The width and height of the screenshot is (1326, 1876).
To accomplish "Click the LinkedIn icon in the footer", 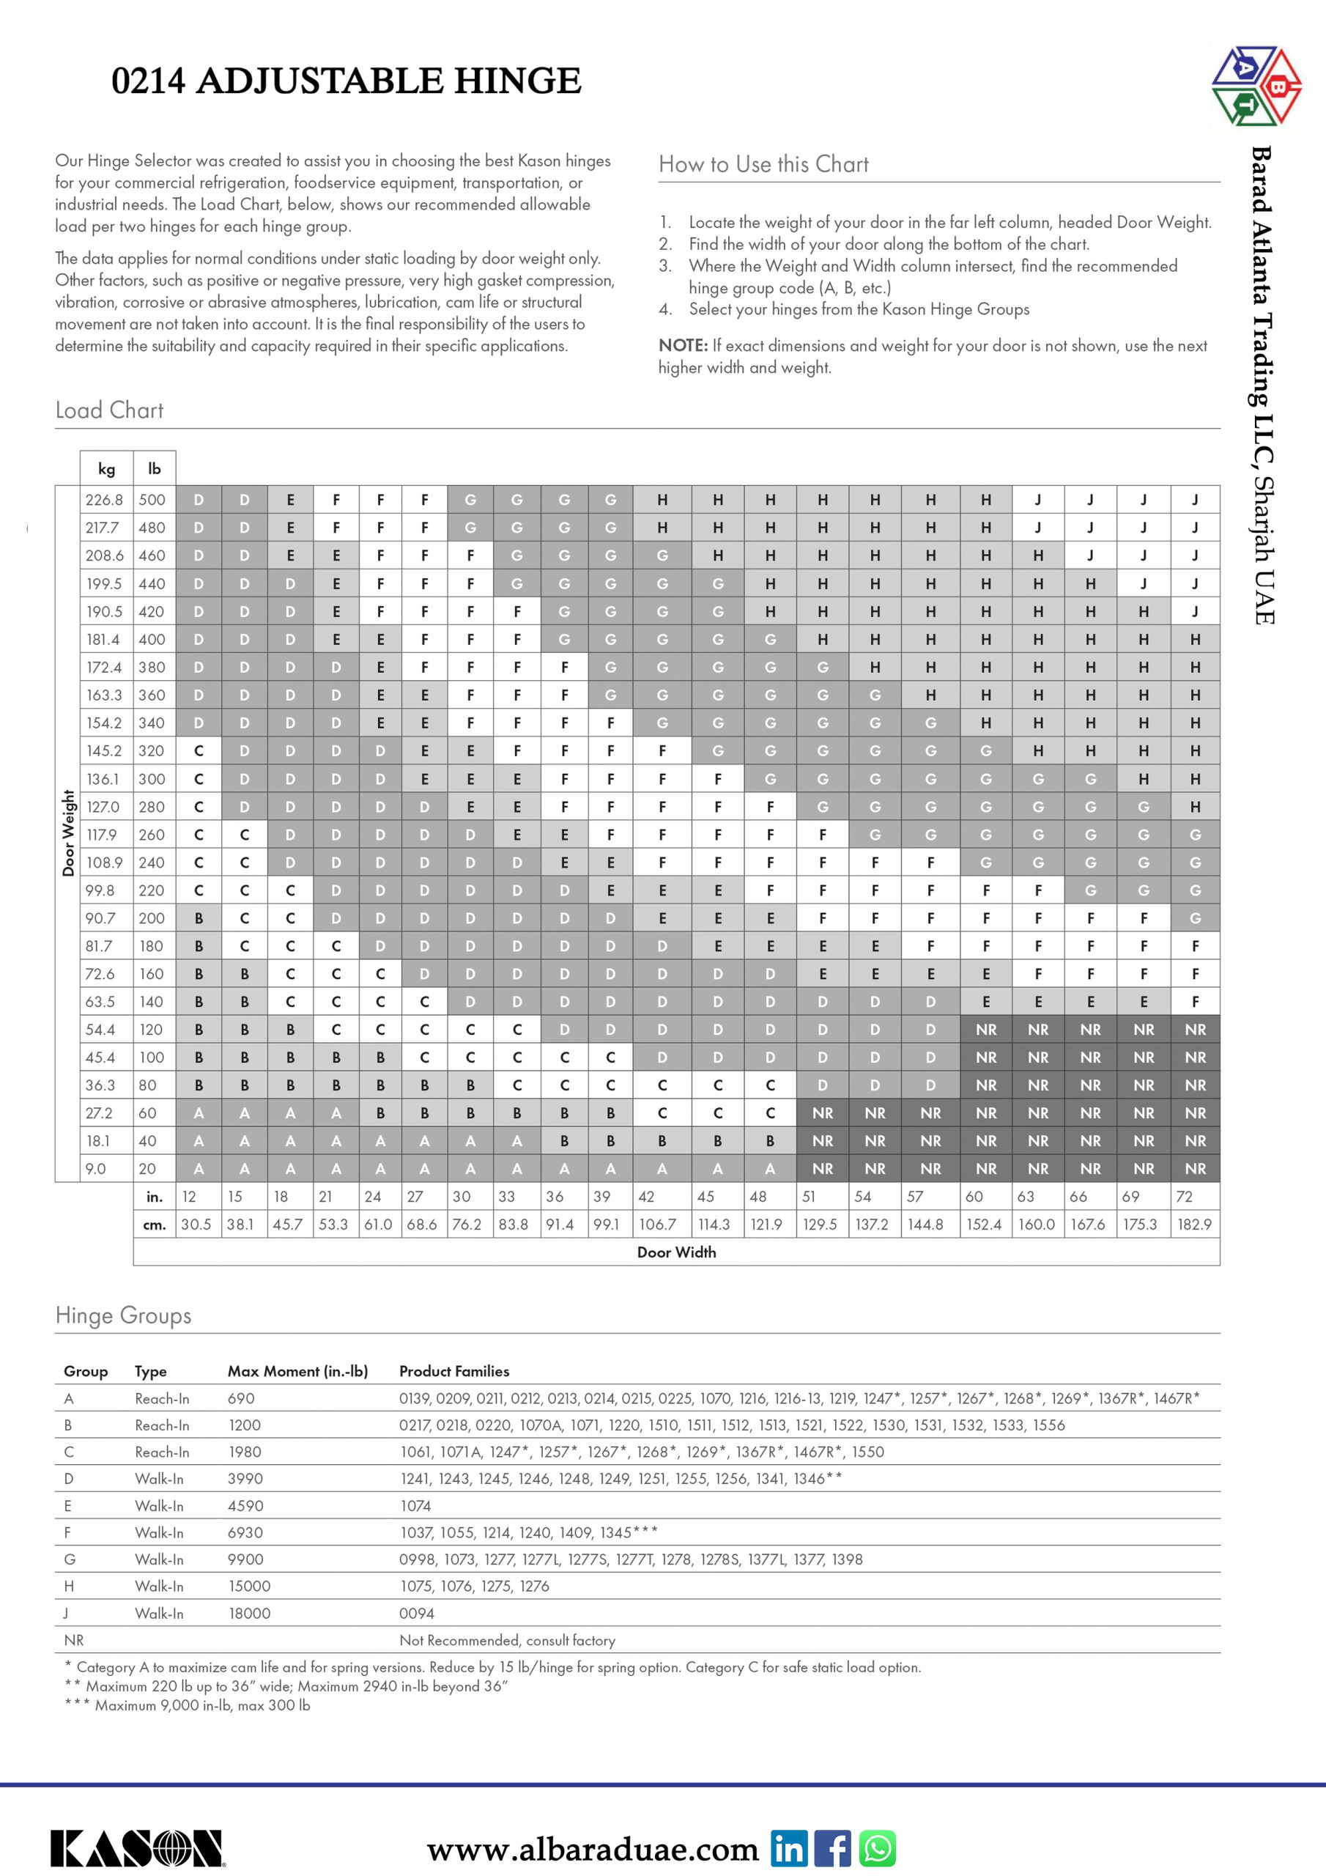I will [788, 1848].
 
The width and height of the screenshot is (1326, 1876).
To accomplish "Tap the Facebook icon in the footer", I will [832, 1848].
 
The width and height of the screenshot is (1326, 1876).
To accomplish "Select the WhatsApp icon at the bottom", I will [878, 1848].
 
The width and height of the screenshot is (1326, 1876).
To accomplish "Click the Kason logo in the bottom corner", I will [137, 1848].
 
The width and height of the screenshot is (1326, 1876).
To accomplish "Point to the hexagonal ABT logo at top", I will [1256, 86].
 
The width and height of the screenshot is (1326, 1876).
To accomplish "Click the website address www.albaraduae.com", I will [593, 1849].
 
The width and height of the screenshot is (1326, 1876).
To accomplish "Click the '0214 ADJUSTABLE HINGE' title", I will [347, 81].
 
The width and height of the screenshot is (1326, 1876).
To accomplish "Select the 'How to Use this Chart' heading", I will [763, 164].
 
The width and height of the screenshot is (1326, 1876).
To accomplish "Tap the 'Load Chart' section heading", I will [109, 410].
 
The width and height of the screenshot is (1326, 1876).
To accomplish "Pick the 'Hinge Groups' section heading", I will [123, 1315].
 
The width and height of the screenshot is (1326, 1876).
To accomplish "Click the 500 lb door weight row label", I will [152, 500].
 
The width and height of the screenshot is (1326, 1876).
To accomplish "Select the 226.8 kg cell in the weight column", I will [105, 500].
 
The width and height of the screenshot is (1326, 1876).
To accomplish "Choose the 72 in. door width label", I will [1184, 1197].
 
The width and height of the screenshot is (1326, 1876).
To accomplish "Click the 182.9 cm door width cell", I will [1193, 1225].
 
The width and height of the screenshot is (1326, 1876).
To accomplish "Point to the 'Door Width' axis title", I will [676, 1252].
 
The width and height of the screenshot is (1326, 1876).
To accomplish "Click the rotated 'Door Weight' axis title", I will [69, 832].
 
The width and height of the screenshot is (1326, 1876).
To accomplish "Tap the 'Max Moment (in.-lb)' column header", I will [297, 1371].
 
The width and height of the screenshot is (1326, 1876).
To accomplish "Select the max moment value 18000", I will [249, 1613].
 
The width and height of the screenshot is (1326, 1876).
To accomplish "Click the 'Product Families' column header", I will [454, 1371].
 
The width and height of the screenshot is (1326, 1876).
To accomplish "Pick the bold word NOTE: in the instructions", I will [683, 346].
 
